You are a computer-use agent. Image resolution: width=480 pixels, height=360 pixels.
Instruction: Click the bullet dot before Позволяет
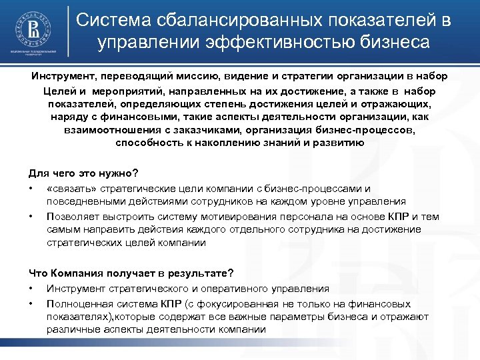coord(31,216)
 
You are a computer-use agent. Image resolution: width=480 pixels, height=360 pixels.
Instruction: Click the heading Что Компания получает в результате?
coord(131,273)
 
